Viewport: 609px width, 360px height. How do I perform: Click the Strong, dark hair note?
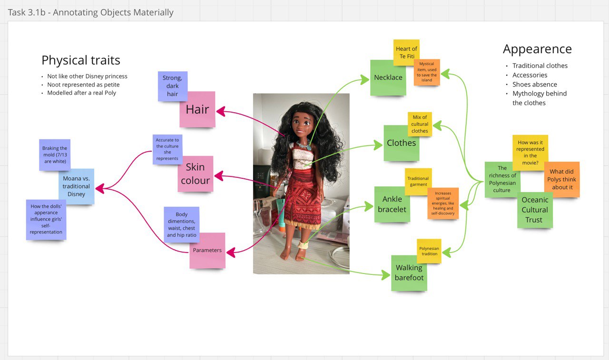pyautogui.click(x=172, y=86)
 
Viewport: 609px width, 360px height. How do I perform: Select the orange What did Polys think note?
pyautogui.click(x=562, y=179)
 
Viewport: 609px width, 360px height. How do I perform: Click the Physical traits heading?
pyautogui.click(x=81, y=60)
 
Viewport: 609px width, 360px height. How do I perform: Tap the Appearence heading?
pyautogui.click(x=537, y=49)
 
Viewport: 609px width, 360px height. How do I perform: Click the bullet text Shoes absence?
pyautogui.click(x=534, y=84)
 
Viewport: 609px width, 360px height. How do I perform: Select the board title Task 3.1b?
pyautogui.click(x=91, y=12)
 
